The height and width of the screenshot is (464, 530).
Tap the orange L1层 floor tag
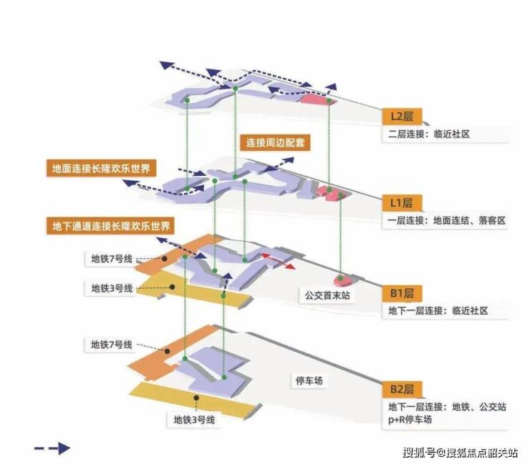point(402,203)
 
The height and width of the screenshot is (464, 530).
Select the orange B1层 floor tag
point(402,294)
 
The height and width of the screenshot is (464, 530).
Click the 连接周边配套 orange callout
point(275,142)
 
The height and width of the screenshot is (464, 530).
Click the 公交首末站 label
point(324,295)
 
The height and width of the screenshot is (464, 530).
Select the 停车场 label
point(309,381)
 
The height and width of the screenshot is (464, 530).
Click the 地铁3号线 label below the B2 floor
point(194,420)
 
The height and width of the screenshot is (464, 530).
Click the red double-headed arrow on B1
point(279,260)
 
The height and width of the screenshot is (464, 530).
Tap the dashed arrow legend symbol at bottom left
point(52,448)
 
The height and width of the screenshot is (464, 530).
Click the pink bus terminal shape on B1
point(341,277)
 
